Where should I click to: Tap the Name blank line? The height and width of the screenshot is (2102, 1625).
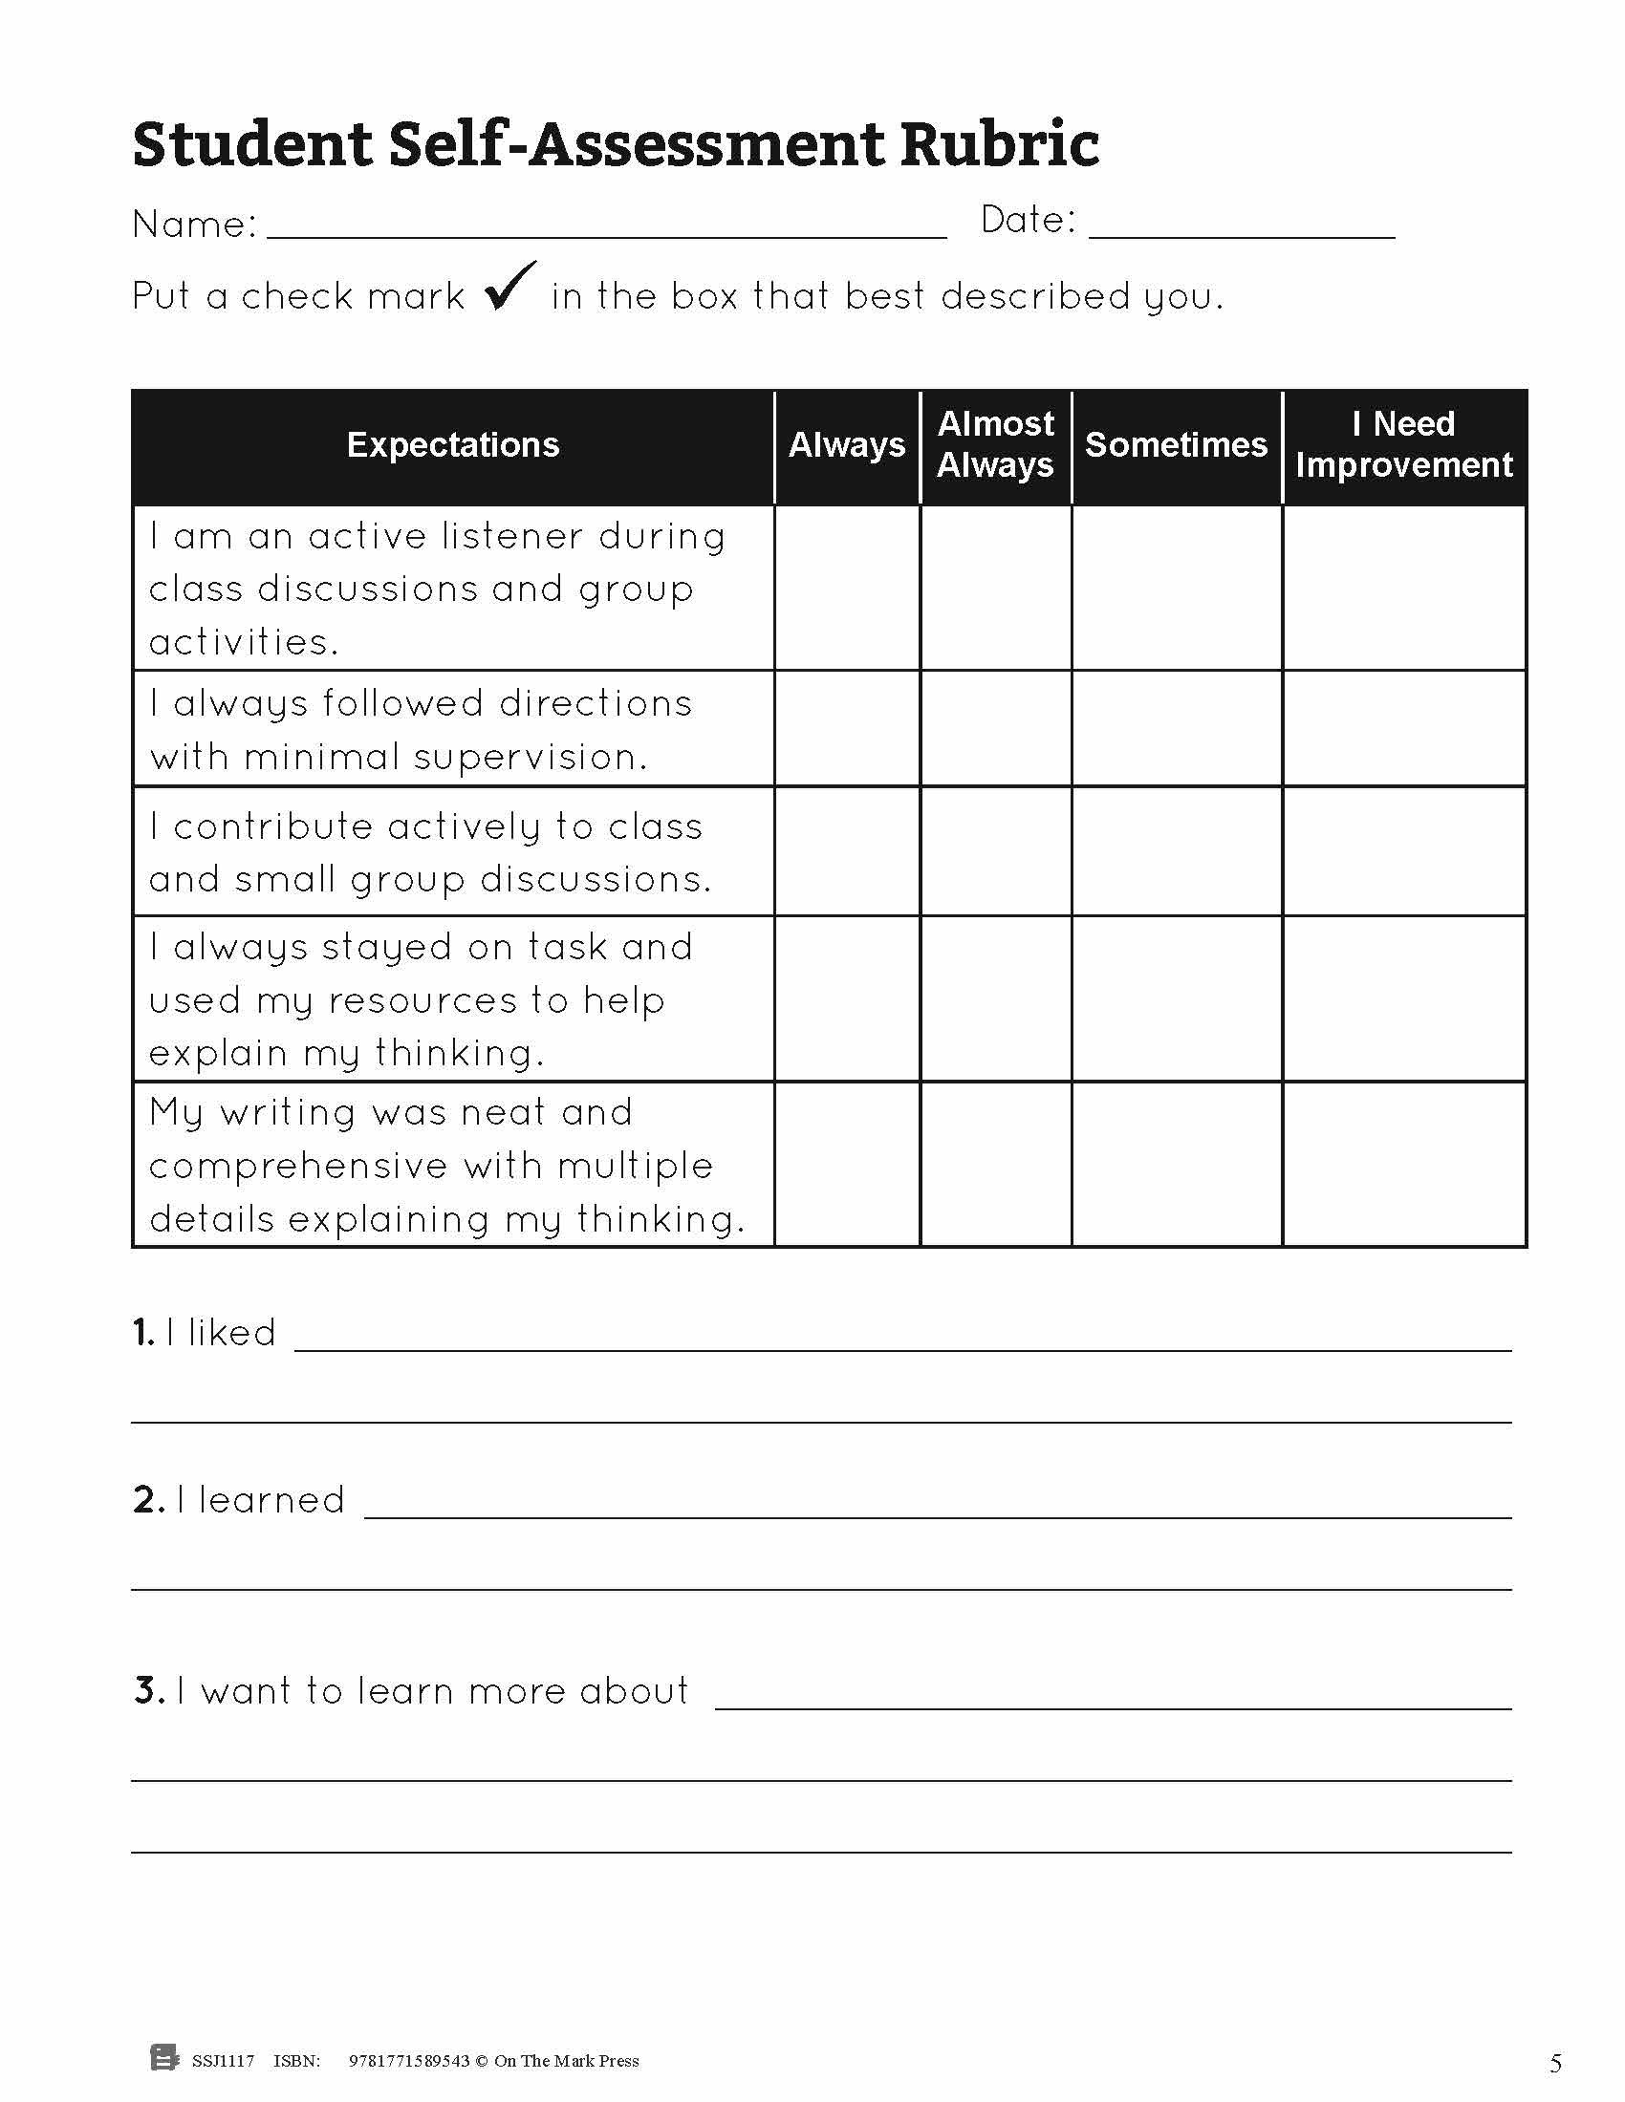pos(606,231)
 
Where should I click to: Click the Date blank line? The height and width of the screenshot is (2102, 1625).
pos(1242,231)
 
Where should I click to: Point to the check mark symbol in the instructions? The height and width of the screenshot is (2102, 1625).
pos(509,286)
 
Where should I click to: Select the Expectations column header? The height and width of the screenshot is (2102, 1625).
pos(452,444)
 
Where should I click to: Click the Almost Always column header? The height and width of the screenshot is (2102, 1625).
pos(995,444)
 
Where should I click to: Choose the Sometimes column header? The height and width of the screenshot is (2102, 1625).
pos(1176,444)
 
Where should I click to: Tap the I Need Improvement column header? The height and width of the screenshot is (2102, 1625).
pos(1403,444)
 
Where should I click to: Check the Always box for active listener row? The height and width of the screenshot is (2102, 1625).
pos(847,588)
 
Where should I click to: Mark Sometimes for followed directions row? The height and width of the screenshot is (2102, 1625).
pos(1177,729)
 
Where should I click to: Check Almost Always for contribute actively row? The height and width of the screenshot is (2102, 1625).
pos(995,851)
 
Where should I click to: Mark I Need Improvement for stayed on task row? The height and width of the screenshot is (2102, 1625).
pos(1403,999)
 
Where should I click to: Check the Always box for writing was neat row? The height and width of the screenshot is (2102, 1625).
pos(847,1165)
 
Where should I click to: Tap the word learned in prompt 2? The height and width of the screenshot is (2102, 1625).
pos(271,1500)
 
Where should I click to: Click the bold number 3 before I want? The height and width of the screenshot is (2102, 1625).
pos(147,1691)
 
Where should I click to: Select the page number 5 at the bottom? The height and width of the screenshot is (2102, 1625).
pos(1555,2063)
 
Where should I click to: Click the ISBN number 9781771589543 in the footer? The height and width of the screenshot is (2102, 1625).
pos(409,2061)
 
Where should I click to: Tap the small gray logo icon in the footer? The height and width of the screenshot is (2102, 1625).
pos(164,2058)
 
